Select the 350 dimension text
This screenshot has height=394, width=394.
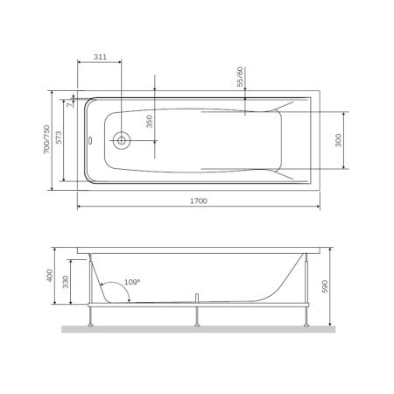pyautogui.click(x=149, y=122)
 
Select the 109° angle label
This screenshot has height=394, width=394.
pyautogui.click(x=131, y=283)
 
